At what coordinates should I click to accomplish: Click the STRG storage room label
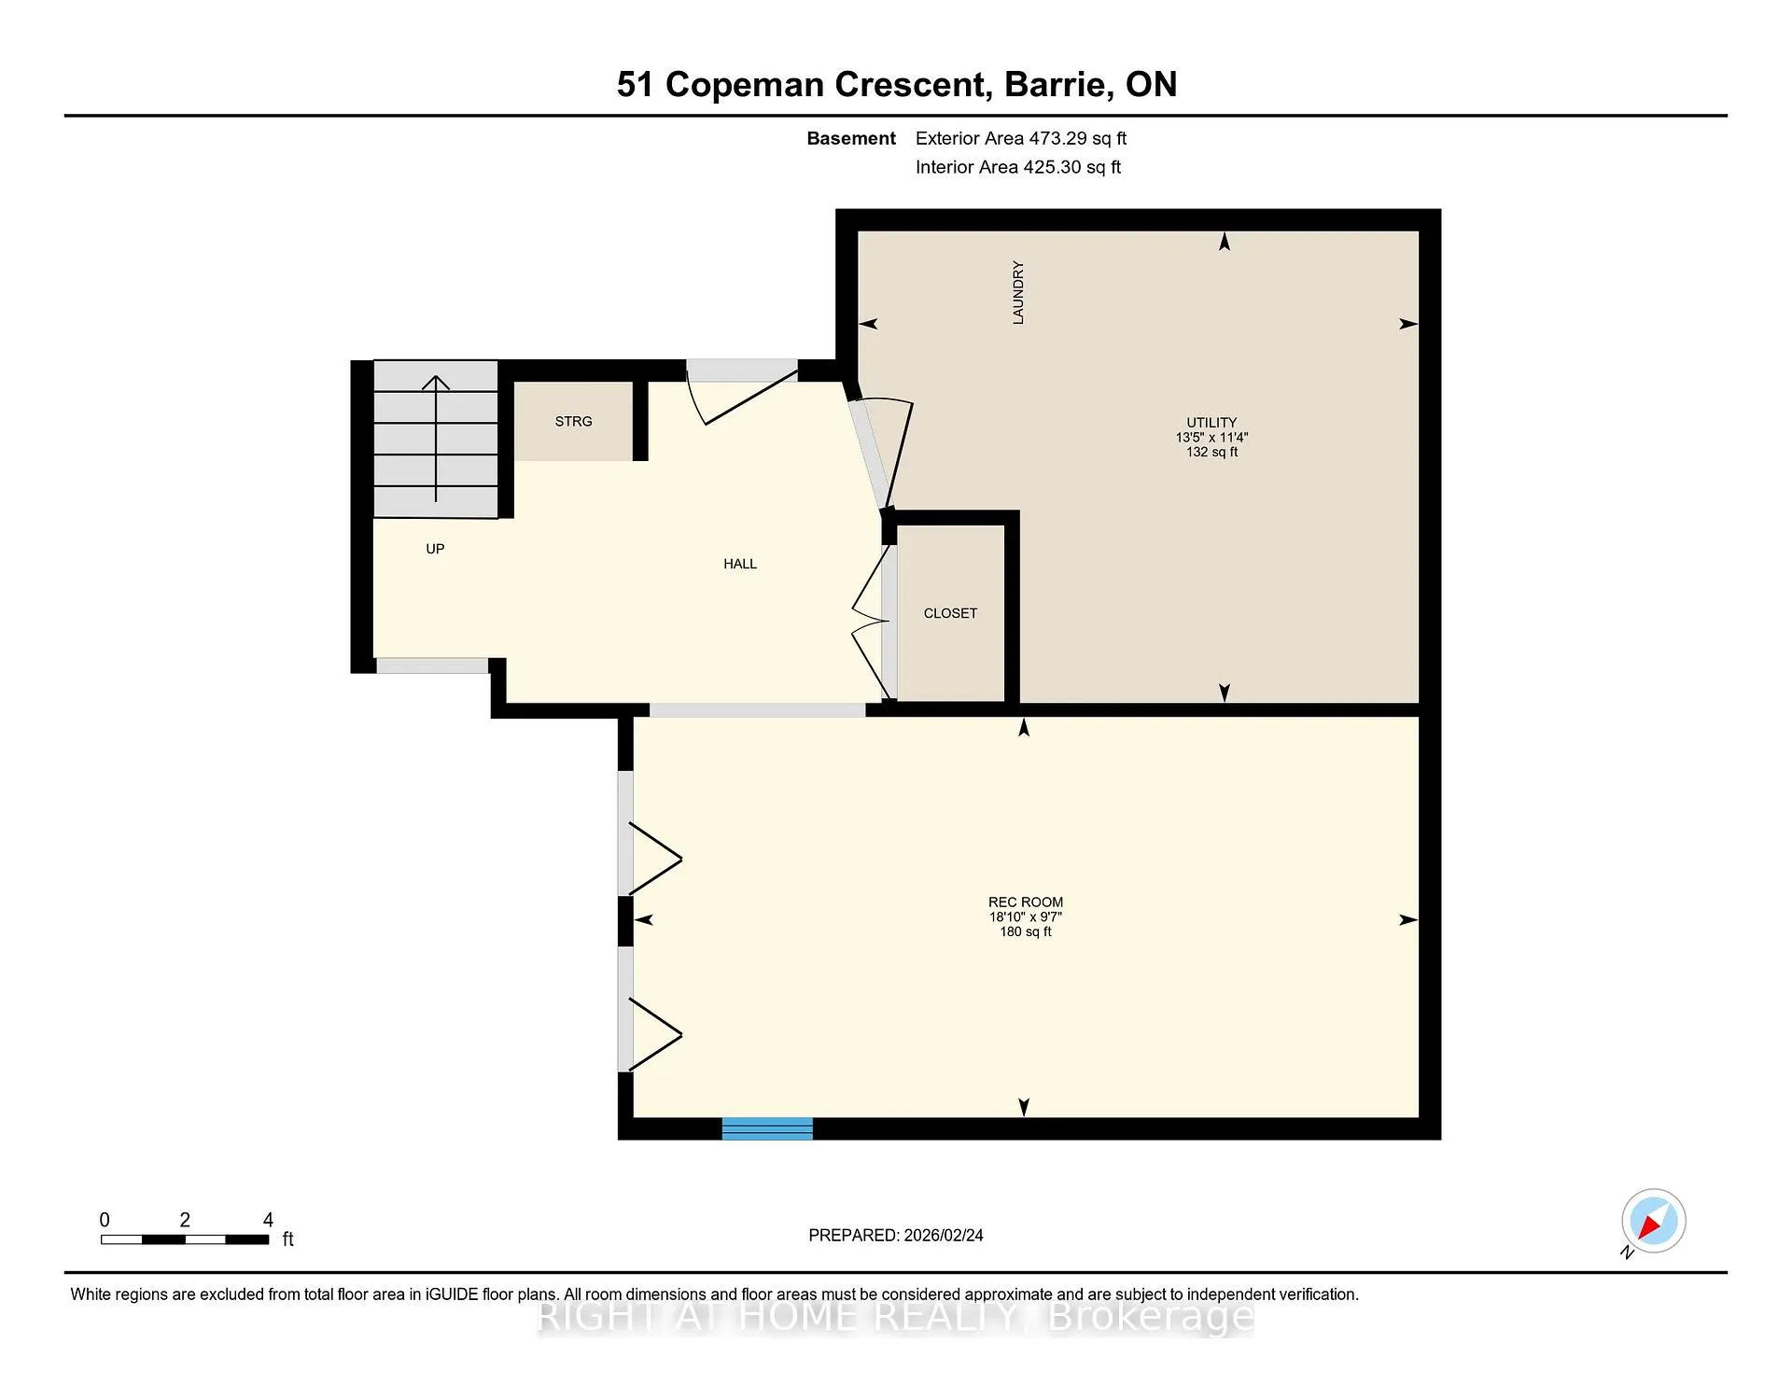[573, 422]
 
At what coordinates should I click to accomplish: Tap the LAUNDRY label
[1018, 293]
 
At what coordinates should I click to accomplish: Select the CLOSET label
[950, 613]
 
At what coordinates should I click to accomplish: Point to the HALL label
[740, 564]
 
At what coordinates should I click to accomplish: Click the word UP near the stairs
[435, 549]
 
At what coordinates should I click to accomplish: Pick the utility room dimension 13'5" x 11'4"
[1211, 437]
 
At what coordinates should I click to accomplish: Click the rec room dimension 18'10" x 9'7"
[1026, 916]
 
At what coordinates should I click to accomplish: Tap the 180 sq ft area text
[1026, 931]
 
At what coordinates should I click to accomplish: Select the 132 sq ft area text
[1211, 452]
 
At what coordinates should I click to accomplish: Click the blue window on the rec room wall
[767, 1128]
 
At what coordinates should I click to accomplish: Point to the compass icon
[1653, 1221]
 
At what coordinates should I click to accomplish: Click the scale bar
[185, 1239]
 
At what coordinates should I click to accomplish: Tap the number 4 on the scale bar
[268, 1220]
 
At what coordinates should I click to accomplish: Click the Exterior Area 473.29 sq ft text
[1021, 138]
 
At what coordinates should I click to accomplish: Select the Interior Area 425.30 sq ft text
[1018, 167]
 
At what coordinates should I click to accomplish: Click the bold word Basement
[851, 138]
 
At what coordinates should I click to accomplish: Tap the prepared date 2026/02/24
[944, 1235]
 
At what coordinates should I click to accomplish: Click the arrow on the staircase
[436, 438]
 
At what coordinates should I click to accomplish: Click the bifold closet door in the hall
[871, 622]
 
